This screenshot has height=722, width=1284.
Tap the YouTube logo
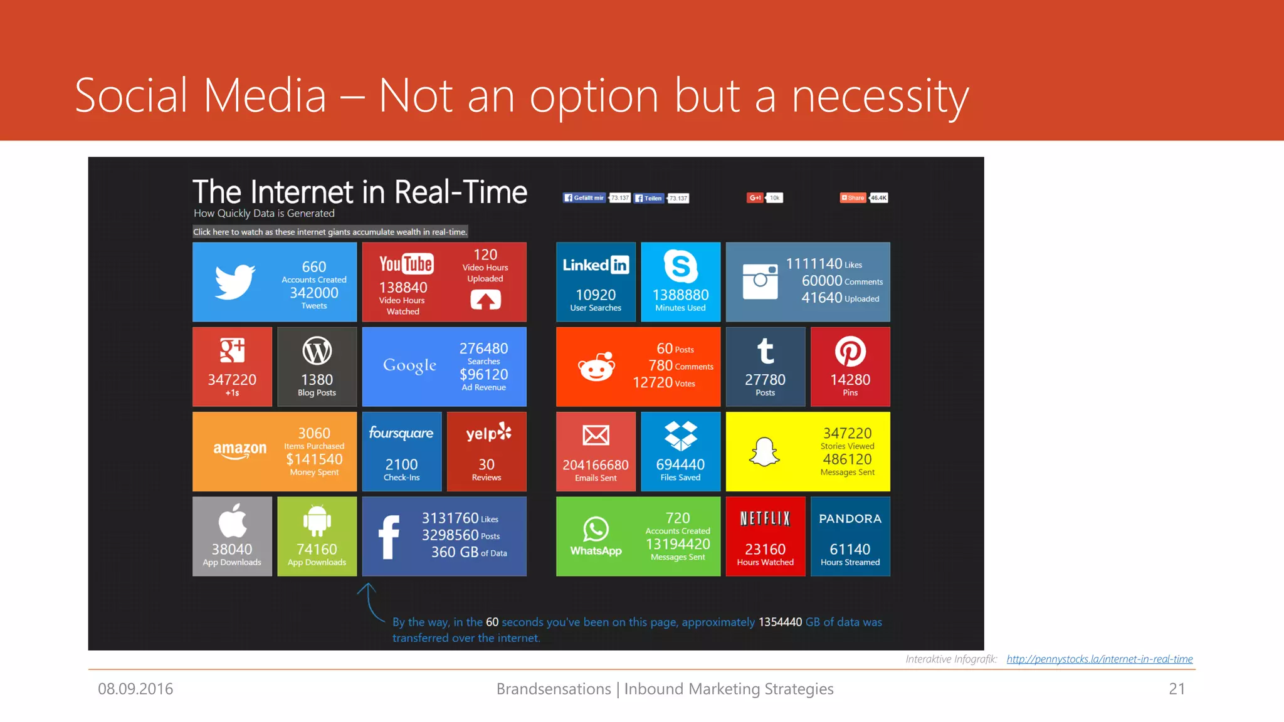[406, 264]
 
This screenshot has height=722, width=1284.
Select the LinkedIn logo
[596, 265]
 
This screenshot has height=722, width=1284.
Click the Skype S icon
[680, 266]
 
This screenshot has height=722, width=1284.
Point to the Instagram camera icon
[760, 281]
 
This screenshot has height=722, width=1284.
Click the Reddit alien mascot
[596, 367]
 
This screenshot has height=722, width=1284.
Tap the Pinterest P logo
[850, 351]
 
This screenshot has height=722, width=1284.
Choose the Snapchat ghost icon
[764, 451]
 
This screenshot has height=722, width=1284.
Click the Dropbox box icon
[680, 436]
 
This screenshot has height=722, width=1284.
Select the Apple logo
[232, 520]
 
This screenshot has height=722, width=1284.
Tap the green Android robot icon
[317, 520]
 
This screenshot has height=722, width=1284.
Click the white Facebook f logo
[389, 536]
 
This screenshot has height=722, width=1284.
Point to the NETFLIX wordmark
[765, 518]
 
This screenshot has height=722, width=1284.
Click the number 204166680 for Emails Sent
[596, 465]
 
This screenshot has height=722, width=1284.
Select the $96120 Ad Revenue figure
[483, 375]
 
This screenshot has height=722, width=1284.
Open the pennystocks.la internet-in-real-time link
[1099, 659]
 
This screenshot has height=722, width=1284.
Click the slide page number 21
[1177, 689]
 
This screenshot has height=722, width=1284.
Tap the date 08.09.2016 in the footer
[135, 689]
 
